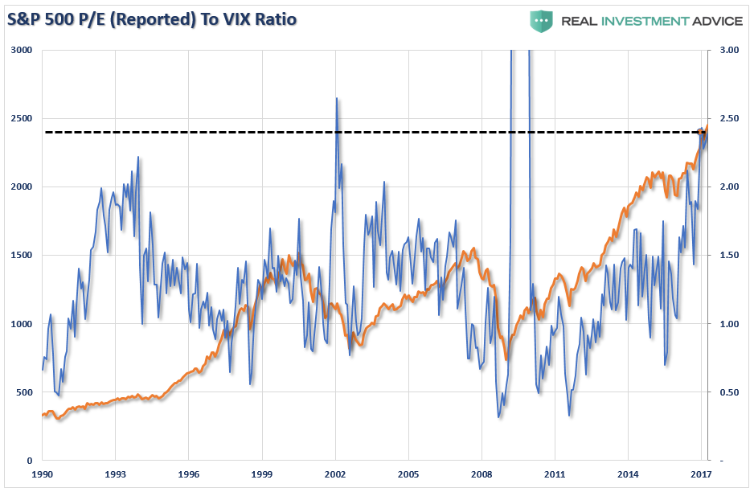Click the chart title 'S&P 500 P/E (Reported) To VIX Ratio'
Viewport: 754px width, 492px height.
[151, 18]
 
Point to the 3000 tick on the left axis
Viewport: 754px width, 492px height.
[22, 50]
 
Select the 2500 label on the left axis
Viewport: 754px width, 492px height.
[22, 118]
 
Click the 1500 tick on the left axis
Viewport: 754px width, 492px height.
[22, 256]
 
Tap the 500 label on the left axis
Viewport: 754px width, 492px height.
[24, 392]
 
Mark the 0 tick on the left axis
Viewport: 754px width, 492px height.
[30, 461]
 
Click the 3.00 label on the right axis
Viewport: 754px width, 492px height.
[728, 50]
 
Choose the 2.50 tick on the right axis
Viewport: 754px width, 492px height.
[728, 118]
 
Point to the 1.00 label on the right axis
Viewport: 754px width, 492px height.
[728, 324]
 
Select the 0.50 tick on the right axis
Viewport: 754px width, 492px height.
[728, 392]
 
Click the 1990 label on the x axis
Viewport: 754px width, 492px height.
[42, 475]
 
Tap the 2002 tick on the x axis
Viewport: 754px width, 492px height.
[335, 475]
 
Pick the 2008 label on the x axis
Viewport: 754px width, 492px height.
[481, 475]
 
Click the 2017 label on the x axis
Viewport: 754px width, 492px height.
[702, 475]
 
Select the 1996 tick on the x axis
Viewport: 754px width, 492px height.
[188, 475]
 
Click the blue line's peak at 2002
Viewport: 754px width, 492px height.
[336, 98]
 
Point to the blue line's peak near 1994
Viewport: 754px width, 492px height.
[138, 157]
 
